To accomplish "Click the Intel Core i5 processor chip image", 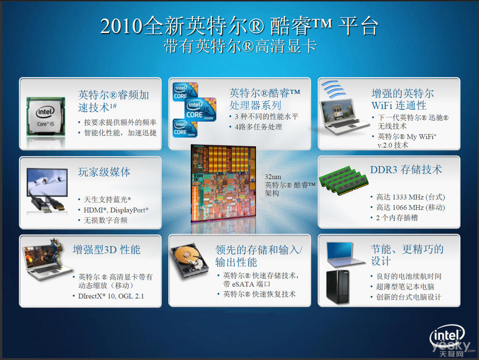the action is [x=46, y=116].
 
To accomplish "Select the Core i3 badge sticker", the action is [x=185, y=128].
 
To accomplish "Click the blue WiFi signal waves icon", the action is [x=333, y=89].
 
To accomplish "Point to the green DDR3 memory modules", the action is [x=343, y=180].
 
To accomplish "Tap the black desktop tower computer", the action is [x=338, y=287].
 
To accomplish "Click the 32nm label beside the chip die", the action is [x=273, y=177].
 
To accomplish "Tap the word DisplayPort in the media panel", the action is [x=128, y=210].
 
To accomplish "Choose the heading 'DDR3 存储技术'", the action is [x=406, y=170].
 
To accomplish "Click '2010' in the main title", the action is [x=122, y=26].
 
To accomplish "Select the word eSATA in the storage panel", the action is [x=243, y=284].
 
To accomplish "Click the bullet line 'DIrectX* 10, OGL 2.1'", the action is [x=111, y=296].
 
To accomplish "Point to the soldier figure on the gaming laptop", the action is [x=57, y=253].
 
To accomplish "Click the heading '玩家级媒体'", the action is [x=104, y=172].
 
